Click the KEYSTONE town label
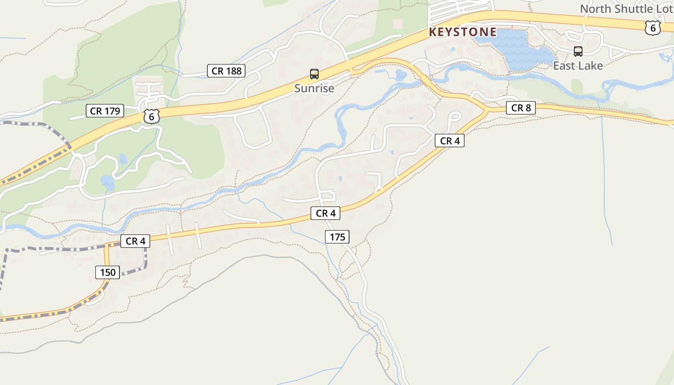(462, 32)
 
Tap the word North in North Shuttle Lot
(595, 9)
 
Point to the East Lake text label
(578, 66)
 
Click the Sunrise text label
(314, 89)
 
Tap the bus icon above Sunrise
(314, 74)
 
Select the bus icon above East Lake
(578, 51)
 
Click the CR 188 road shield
(226, 71)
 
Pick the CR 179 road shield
(104, 111)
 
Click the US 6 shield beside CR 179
(151, 116)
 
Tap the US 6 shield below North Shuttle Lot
(652, 28)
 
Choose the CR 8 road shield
(520, 108)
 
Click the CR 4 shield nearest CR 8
(449, 141)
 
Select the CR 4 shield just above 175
(325, 213)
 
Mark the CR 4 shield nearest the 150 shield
(135, 241)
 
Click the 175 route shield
(337, 237)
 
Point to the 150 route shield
(107, 272)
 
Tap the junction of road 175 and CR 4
(323, 219)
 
